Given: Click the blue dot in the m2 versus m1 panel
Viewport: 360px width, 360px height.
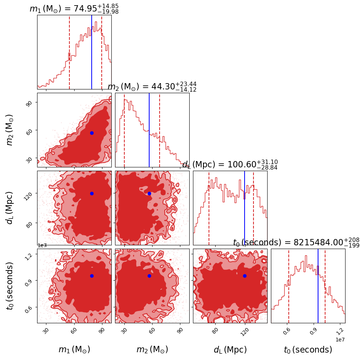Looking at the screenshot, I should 92,133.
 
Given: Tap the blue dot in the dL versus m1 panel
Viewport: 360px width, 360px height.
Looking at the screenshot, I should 92,193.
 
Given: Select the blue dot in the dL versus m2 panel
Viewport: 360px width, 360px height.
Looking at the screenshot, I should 149,193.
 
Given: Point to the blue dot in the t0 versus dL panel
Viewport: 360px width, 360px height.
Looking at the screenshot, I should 245,276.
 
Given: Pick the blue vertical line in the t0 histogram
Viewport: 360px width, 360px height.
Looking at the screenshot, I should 318,286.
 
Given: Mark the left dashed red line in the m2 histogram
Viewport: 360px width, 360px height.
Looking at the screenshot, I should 124,130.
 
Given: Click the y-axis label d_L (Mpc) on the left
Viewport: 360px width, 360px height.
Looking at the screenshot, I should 10,207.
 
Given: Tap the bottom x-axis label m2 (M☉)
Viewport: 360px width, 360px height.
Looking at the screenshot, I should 152,350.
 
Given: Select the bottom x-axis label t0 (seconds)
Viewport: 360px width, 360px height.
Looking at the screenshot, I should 308,350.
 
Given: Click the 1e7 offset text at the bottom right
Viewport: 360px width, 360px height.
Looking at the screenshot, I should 340,340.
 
